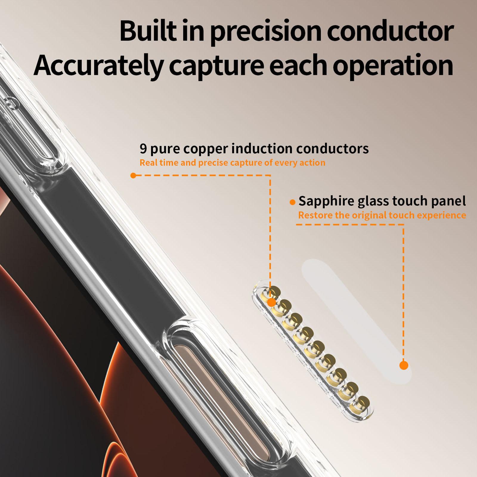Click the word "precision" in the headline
click(x=266, y=32)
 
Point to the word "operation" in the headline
click(x=393, y=66)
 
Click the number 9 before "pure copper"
click(x=143, y=149)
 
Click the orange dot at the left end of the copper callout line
click(x=133, y=176)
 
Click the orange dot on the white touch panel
click(x=404, y=365)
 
